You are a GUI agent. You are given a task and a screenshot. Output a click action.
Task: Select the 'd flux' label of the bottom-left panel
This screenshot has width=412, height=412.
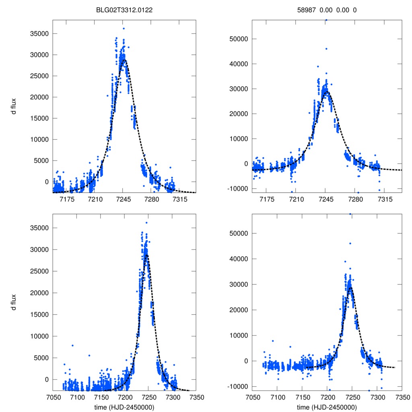tap(14, 301)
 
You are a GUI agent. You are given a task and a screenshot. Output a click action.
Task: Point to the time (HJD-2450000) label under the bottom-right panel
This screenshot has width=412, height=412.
tap(327, 407)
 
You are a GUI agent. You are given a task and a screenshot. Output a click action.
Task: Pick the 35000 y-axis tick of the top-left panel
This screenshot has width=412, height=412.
tap(39, 33)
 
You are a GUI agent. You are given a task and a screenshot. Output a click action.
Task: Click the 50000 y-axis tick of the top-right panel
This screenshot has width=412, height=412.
tap(238, 39)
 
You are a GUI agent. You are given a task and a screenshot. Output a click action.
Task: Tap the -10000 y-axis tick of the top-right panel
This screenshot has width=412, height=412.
tap(237, 188)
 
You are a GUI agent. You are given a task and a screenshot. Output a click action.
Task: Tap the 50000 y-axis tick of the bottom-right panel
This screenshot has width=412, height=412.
tap(238, 233)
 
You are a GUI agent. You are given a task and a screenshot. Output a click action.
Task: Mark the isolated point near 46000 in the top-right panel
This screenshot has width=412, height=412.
tap(326, 49)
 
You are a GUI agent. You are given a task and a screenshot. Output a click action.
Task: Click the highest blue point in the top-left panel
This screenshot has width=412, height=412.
tap(124, 29)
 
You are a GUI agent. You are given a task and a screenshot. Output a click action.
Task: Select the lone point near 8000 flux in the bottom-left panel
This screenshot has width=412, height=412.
tap(72, 345)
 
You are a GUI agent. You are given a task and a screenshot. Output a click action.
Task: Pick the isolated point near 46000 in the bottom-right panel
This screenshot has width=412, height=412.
tap(350, 243)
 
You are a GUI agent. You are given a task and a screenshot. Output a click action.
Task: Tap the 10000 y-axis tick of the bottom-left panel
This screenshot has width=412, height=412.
tap(39, 336)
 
